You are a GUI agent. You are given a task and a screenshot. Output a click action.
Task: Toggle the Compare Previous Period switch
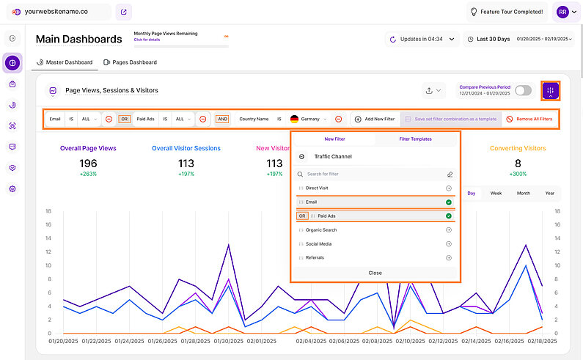tap(523, 90)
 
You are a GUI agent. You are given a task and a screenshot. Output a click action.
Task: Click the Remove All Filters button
tap(529, 118)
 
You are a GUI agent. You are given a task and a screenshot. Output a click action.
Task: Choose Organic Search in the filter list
tap(321, 230)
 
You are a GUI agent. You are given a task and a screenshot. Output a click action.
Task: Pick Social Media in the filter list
tap(319, 243)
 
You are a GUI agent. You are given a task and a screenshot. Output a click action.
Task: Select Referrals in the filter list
tap(315, 257)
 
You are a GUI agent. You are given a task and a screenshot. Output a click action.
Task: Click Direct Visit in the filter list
tap(317, 188)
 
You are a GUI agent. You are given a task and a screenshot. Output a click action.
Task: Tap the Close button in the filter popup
tap(375, 273)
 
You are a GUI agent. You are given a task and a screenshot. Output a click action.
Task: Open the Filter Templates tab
tap(415, 139)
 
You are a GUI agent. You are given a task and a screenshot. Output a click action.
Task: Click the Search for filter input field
tap(374, 175)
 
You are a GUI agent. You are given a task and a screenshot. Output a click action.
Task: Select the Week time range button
tap(496, 194)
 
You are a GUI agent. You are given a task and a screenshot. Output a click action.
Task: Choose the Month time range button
tap(523, 194)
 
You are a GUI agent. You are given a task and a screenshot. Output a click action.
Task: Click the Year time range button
tap(549, 194)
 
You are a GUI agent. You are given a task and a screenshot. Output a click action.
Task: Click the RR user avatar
tap(562, 12)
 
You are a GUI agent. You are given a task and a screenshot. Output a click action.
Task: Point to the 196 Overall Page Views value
tap(88, 163)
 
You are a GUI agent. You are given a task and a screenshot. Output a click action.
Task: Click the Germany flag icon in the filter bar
tap(294, 119)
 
